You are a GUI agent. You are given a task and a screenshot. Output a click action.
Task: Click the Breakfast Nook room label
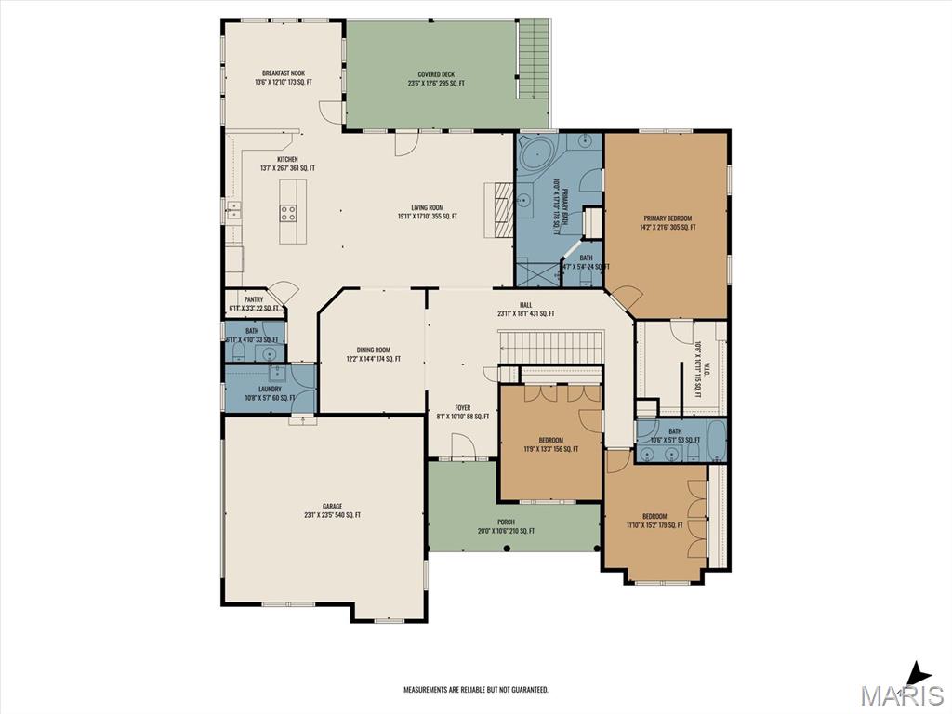tap(284, 78)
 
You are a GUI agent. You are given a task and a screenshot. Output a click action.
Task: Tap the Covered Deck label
tap(435, 79)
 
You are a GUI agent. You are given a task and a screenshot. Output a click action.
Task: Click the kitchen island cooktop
tap(289, 212)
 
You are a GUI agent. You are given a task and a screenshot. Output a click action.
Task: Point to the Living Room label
tap(428, 212)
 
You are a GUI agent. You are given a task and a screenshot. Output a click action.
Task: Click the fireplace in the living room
tap(501, 211)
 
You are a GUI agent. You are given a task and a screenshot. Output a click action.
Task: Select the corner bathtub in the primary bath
tap(534, 154)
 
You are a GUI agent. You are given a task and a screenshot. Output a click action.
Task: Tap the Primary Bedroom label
tap(667, 222)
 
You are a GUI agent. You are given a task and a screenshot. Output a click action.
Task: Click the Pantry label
tap(254, 304)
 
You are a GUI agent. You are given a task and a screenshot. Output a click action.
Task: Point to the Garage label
tap(332, 510)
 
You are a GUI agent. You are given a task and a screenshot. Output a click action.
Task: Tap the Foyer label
tap(462, 412)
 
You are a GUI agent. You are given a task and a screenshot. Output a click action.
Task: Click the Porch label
tap(506, 526)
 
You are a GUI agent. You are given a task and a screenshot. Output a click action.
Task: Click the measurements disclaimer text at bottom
tap(475, 690)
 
